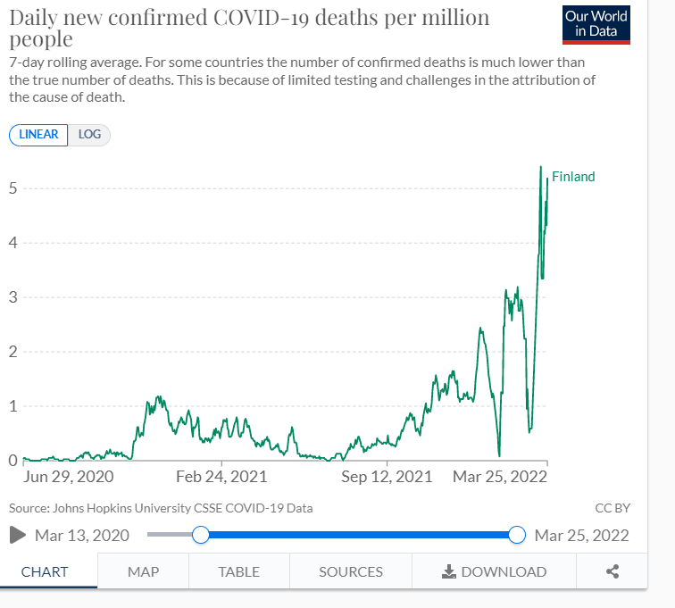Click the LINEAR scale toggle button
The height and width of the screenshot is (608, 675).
click(38, 135)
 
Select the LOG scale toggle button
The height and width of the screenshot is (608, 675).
click(89, 135)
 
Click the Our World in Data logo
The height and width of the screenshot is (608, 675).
click(596, 25)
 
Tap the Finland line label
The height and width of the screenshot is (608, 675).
click(573, 177)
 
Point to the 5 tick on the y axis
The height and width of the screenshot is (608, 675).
click(13, 188)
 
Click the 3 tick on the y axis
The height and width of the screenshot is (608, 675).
click(13, 297)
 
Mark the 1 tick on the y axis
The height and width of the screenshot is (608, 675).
click(13, 406)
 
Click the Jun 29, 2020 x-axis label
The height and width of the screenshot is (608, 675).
click(69, 477)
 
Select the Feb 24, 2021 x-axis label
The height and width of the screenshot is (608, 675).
click(221, 477)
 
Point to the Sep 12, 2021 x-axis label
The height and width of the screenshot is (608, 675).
click(387, 477)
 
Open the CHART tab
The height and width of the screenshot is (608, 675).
click(44, 571)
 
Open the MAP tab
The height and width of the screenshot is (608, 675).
click(143, 571)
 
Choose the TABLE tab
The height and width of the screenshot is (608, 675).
click(238, 571)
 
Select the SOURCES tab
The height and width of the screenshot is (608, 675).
click(351, 571)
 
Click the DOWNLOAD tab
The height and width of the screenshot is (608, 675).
click(495, 571)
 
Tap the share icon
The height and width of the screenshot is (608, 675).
click(612, 571)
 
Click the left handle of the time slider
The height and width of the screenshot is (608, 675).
click(201, 535)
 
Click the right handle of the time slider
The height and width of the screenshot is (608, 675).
click(516, 535)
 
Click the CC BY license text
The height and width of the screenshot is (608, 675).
click(612, 508)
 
